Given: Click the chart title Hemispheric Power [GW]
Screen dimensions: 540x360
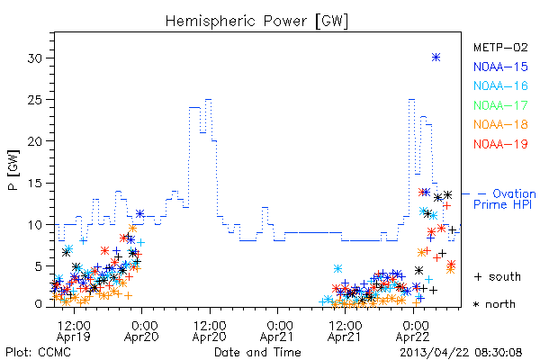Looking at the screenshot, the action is [x=256, y=22].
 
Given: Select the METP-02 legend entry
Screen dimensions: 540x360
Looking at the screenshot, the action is [x=500, y=47].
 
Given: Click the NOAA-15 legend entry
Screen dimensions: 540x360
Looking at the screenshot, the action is [x=500, y=67].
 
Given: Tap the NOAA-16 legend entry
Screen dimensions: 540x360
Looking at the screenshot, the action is [x=500, y=85].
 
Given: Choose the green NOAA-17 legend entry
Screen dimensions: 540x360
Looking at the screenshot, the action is [x=500, y=105].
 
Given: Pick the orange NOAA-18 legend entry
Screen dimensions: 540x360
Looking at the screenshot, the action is [x=500, y=124].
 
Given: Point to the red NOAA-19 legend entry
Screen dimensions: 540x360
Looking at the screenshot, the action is [x=500, y=144].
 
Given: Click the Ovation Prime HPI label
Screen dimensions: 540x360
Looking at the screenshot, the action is [x=505, y=199].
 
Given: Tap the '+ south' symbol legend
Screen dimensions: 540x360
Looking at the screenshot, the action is [x=498, y=276].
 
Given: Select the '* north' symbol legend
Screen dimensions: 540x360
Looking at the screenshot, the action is [x=494, y=304].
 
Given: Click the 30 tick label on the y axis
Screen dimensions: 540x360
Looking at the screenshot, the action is [x=35, y=58].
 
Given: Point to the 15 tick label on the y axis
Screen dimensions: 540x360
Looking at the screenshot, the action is [x=35, y=183].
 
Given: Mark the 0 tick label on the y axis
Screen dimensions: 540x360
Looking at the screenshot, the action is [x=39, y=304].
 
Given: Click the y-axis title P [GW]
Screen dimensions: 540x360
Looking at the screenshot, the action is [x=13, y=170].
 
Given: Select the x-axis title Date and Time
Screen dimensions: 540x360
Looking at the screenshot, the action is [x=257, y=352].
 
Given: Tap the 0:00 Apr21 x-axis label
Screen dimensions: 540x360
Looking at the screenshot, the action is [x=277, y=331].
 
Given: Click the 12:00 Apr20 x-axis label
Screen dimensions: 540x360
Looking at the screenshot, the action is [x=210, y=331].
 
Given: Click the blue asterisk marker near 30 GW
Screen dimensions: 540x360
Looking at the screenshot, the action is [x=436, y=58].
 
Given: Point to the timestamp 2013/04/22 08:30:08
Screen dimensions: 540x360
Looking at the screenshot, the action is [x=461, y=353].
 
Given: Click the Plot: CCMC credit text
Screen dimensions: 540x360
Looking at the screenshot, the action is [x=39, y=353].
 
